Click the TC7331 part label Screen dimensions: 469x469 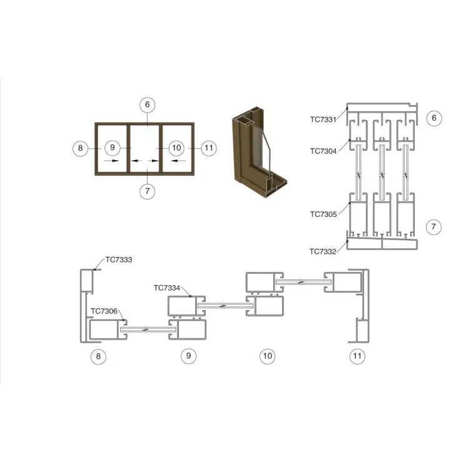coord(323,119)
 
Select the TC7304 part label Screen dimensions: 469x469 coord(323,151)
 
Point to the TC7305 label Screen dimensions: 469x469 coord(323,214)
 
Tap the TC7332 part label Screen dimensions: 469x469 coord(323,252)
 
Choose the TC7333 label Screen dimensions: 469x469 coord(119,260)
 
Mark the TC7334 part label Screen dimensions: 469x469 coord(167,288)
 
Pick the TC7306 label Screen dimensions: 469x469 coord(104,311)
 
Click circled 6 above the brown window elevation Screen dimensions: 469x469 coord(148,104)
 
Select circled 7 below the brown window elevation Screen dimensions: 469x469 coord(148,191)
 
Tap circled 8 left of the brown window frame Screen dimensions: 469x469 coord(81,148)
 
